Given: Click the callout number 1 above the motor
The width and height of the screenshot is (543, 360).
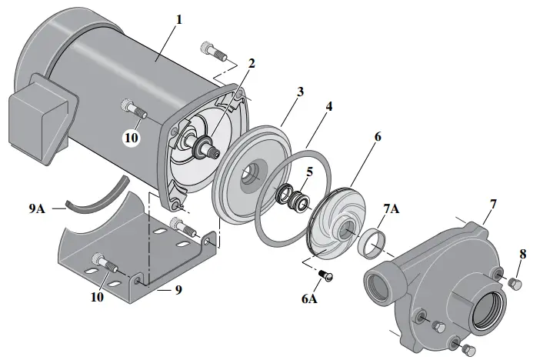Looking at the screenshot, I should [x=178, y=18].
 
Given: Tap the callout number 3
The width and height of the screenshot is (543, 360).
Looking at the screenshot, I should [x=300, y=91].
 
